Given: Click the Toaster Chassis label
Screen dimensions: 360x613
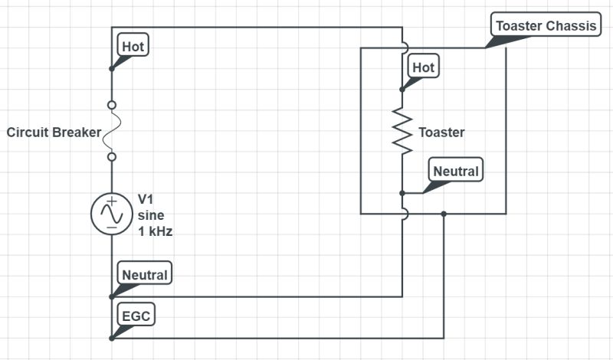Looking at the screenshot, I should tap(546, 26).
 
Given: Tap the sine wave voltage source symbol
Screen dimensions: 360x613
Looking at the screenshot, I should tap(112, 213).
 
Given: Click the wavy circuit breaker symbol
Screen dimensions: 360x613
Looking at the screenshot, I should tap(112, 131).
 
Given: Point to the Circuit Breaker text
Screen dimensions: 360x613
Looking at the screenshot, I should tap(54, 133).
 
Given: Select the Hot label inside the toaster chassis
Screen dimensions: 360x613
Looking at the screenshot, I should tap(423, 67).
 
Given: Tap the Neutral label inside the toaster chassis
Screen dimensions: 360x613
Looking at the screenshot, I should tap(455, 172).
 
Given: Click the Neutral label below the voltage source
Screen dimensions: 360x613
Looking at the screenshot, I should tap(144, 273).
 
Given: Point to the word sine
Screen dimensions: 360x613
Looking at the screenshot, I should tap(150, 215).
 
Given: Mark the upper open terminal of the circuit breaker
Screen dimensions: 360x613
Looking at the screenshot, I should tap(112, 105).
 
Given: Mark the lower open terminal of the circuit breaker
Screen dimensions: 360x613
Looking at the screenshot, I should tap(112, 157).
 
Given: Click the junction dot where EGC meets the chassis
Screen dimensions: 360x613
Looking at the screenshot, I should tap(444, 214).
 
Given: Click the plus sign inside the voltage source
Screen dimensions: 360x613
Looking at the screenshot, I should tap(112, 203).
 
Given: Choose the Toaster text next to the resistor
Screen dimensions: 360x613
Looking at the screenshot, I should tap(441, 133).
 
